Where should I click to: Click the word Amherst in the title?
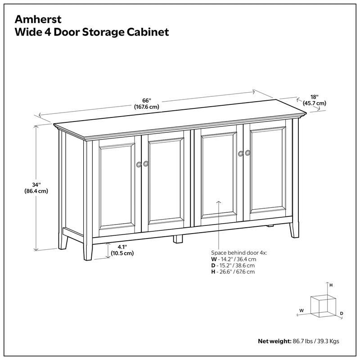(33, 20)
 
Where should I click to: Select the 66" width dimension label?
(146, 100)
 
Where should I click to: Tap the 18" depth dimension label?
(314, 97)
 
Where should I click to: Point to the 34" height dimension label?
(36, 184)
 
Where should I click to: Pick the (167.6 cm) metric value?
(146, 107)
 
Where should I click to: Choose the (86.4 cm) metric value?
(36, 191)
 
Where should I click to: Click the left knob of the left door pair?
(139, 164)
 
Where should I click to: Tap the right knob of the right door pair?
(247, 153)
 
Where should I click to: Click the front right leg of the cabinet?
(294, 229)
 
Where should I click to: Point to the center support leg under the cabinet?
(178, 238)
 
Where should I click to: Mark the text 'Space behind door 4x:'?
(239, 253)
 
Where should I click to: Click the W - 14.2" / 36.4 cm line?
(234, 259)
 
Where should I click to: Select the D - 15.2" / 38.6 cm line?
(233, 265)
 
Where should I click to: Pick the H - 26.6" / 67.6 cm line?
(233, 272)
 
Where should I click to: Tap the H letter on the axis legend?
(331, 285)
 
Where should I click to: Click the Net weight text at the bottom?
(274, 341)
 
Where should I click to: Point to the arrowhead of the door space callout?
(219, 202)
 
